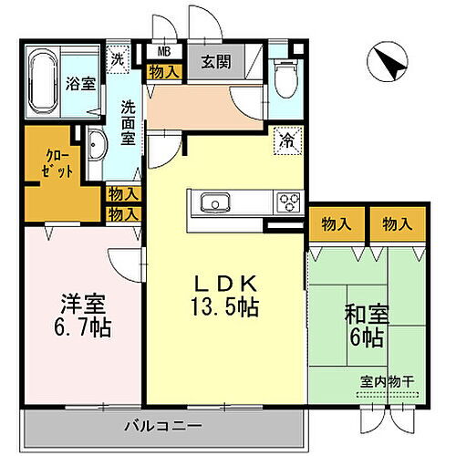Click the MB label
click(x=164, y=52)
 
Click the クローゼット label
click(x=57, y=171)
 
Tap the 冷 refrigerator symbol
click(x=286, y=140)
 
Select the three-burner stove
click(x=288, y=202)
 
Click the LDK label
click(x=225, y=283)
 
